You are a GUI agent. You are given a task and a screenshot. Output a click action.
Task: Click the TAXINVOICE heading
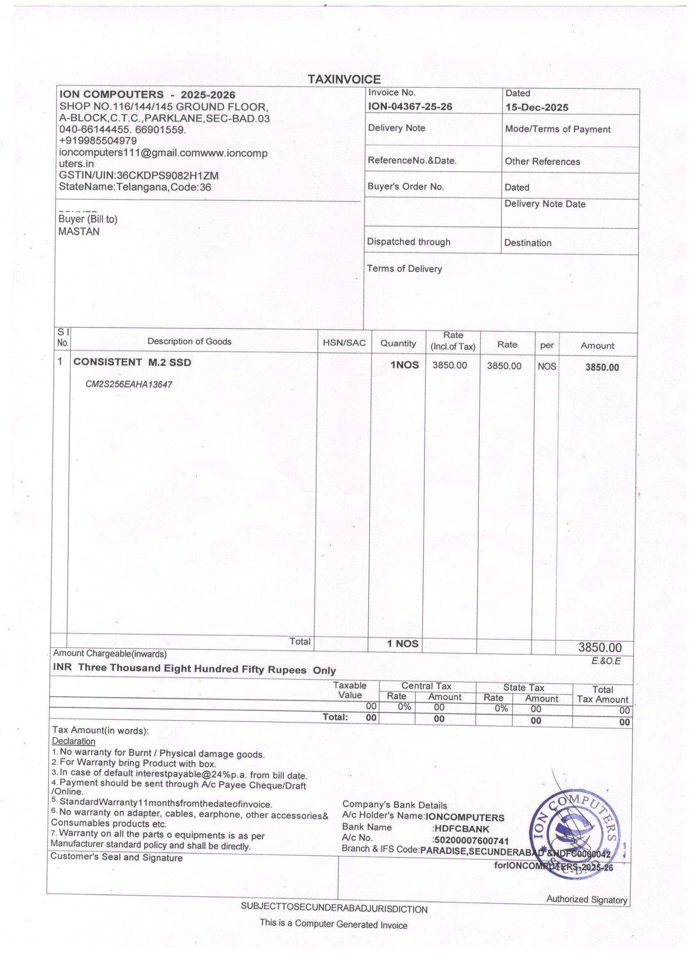344,80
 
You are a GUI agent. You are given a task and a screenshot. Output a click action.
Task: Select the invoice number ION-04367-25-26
410,107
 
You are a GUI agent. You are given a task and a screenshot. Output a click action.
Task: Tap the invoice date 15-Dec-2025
537,107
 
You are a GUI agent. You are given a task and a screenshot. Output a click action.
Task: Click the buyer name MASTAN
79,232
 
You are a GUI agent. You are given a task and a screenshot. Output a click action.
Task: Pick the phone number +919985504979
98,141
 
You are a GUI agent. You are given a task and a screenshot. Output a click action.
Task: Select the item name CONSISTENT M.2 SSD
132,362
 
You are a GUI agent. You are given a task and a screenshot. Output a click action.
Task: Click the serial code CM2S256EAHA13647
129,384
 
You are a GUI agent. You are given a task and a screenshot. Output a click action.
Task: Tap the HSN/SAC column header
344,343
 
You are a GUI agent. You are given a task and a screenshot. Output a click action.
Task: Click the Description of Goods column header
189,342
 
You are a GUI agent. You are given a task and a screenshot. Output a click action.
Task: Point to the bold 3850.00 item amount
601,367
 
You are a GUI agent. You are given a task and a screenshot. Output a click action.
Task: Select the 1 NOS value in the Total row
402,644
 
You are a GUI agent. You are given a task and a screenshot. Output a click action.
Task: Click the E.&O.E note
606,661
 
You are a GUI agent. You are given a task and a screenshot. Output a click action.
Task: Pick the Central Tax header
426,686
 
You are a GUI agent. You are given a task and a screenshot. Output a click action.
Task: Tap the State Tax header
523,687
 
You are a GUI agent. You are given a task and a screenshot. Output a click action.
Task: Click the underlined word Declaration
73,741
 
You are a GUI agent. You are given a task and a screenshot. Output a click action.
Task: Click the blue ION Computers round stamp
573,835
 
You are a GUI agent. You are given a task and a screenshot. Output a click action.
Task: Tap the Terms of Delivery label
404,269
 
